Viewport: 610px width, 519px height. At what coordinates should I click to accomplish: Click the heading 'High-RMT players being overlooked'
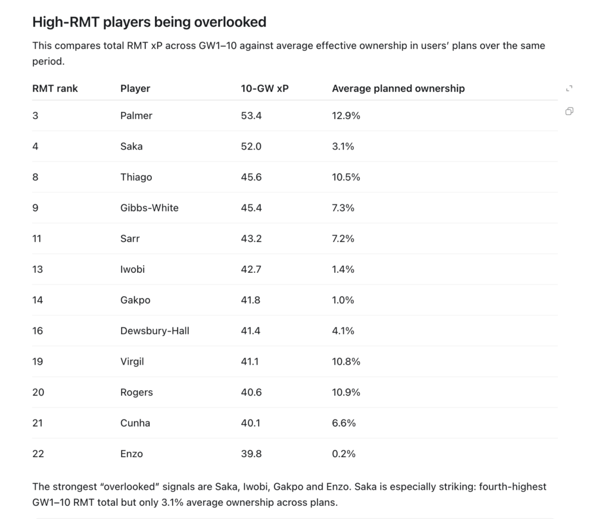[150, 22]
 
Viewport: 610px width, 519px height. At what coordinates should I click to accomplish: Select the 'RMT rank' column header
[55, 89]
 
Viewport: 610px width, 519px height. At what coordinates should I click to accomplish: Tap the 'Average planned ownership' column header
[399, 89]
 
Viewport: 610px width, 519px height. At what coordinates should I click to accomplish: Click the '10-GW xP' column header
[264, 89]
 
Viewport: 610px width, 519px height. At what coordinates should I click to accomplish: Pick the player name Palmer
[136, 116]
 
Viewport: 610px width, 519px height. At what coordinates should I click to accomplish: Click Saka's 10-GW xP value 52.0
[251, 146]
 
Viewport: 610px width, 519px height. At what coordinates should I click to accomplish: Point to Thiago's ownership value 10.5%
[346, 177]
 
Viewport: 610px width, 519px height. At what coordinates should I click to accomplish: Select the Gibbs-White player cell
[150, 208]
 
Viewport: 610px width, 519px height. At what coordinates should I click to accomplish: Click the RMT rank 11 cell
[37, 238]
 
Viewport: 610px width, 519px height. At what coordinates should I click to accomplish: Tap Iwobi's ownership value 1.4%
[343, 269]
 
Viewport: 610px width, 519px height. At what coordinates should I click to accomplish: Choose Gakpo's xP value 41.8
[251, 300]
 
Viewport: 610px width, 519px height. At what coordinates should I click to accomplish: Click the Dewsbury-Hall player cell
[155, 331]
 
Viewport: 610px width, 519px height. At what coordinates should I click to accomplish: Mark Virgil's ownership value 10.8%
[346, 362]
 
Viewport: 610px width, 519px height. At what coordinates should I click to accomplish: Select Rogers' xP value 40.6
[251, 392]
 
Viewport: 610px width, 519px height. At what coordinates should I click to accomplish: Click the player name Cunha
[135, 423]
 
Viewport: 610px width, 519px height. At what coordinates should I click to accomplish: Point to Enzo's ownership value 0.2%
[344, 453]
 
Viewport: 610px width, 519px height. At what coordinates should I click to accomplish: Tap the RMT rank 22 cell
[38, 453]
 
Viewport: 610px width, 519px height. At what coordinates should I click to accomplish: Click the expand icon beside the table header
[569, 89]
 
